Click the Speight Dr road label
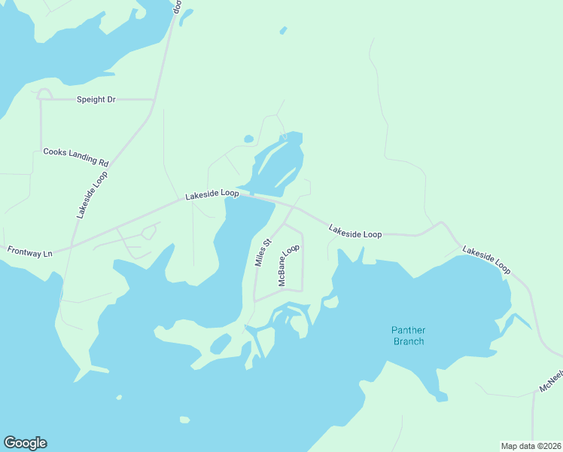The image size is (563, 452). coord(96,99)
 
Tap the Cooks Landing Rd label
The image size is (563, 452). coord(76,156)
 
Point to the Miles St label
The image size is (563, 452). coord(263,253)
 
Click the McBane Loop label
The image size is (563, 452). coord(289,264)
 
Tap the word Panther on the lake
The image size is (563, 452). coord(407,330)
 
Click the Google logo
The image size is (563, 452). coord(25,443)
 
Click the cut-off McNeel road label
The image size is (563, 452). coord(552,381)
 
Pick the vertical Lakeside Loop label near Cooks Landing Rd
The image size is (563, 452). coord(91,195)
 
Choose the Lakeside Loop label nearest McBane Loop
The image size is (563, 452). coord(355,231)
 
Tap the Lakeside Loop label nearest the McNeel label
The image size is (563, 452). coord(486,259)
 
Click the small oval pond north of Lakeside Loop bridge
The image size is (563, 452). coord(248,139)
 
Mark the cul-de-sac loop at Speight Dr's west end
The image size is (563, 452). coord(44,93)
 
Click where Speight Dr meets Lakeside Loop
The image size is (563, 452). coord(156,99)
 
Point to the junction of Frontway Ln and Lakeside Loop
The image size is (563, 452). coord(70,248)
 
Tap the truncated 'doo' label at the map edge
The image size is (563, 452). coord(178,8)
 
